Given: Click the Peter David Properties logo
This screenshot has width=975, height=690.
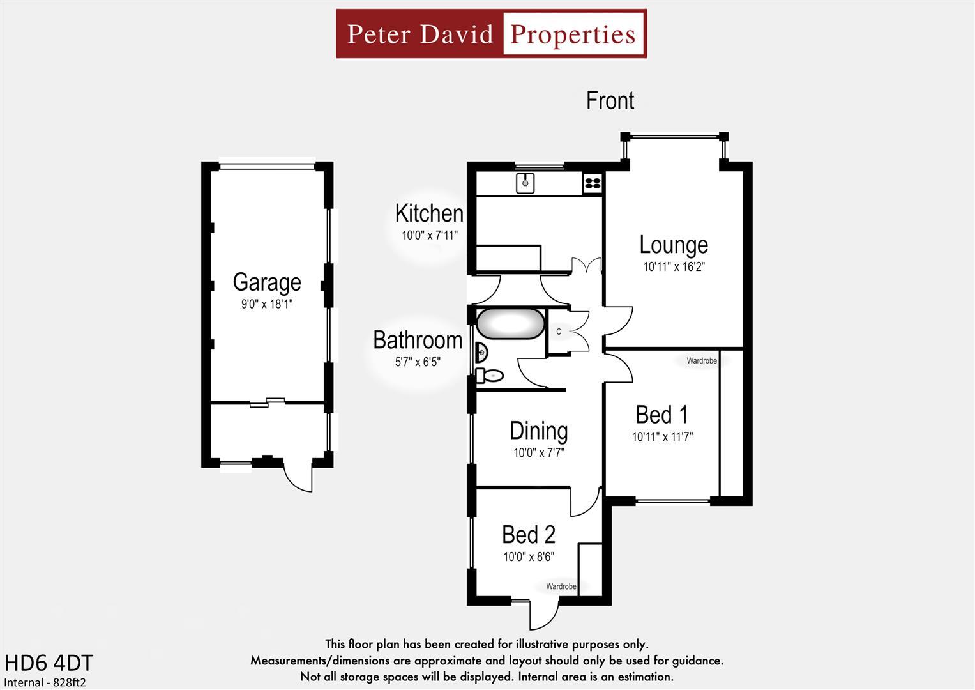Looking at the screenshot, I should [491, 34].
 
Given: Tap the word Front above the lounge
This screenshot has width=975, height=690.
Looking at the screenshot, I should [610, 101].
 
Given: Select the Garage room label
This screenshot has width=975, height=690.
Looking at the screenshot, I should [267, 282].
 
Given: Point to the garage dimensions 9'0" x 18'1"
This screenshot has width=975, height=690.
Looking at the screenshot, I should [267, 304].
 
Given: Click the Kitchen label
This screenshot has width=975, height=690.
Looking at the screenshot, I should [429, 213].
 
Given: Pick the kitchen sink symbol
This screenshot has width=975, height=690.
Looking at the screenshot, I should [525, 183].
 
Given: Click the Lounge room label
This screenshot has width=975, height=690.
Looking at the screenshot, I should [674, 245].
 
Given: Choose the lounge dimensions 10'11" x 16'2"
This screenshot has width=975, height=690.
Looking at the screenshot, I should [674, 266].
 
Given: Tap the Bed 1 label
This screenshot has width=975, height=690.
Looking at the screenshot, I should [662, 415].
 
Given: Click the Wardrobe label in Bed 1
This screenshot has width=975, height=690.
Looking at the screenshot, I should [701, 361].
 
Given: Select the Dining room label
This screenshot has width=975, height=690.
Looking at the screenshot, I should [538, 431].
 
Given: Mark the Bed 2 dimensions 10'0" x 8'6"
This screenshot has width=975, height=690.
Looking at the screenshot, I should [529, 556].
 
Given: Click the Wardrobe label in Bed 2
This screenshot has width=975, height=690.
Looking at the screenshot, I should [561, 586].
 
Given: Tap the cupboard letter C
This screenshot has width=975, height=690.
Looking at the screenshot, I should [559, 332].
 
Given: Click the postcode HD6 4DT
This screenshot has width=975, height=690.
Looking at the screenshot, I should [49, 663].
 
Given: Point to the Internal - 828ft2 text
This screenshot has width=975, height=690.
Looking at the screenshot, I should [45, 682].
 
